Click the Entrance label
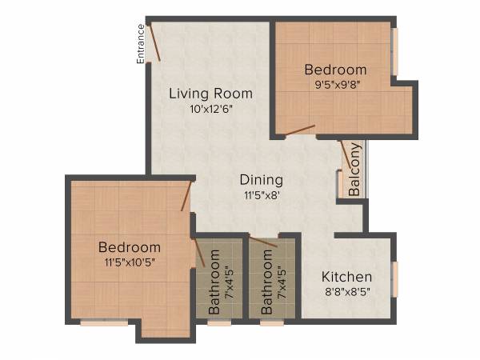[x=141, y=43]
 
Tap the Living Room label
[x=210, y=93]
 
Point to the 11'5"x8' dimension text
[x=261, y=194]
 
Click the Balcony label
[x=354, y=170]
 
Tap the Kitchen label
[x=347, y=277]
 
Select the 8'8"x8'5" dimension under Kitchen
[x=347, y=292]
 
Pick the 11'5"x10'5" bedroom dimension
[x=130, y=262]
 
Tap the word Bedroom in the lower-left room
[x=130, y=246]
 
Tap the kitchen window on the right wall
[x=394, y=278]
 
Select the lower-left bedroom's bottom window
[x=104, y=322]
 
